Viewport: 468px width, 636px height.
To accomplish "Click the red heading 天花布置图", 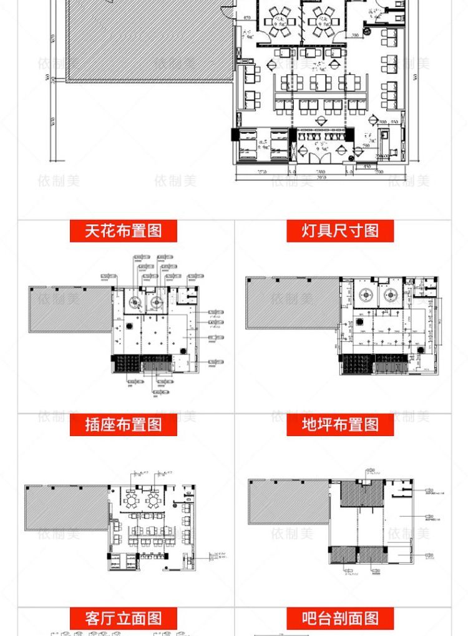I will point(123,231).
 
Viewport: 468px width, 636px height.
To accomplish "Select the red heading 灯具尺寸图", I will point(340,231).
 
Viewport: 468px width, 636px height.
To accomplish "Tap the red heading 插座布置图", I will point(123,425).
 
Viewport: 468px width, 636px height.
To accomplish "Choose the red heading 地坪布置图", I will point(340,425).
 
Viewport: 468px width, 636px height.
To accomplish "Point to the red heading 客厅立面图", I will point(123,619).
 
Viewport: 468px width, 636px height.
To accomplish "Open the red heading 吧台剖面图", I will point(340,619).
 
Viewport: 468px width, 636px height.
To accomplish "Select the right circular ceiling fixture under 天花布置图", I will point(155,303).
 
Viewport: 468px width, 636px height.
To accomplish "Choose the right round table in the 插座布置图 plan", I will point(152,500).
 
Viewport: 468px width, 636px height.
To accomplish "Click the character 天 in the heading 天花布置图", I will point(92,231).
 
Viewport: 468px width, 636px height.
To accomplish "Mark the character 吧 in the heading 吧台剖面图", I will point(310,619).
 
